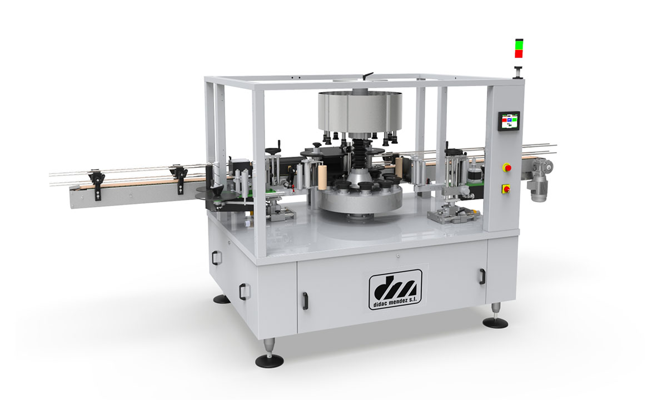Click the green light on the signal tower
coord(519,44)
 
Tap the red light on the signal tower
coord(519,53)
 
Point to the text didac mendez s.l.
coord(395,304)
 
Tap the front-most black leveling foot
coord(269,360)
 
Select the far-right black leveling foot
coord(495,322)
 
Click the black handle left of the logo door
coord(305,301)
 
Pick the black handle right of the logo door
coord(481,277)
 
